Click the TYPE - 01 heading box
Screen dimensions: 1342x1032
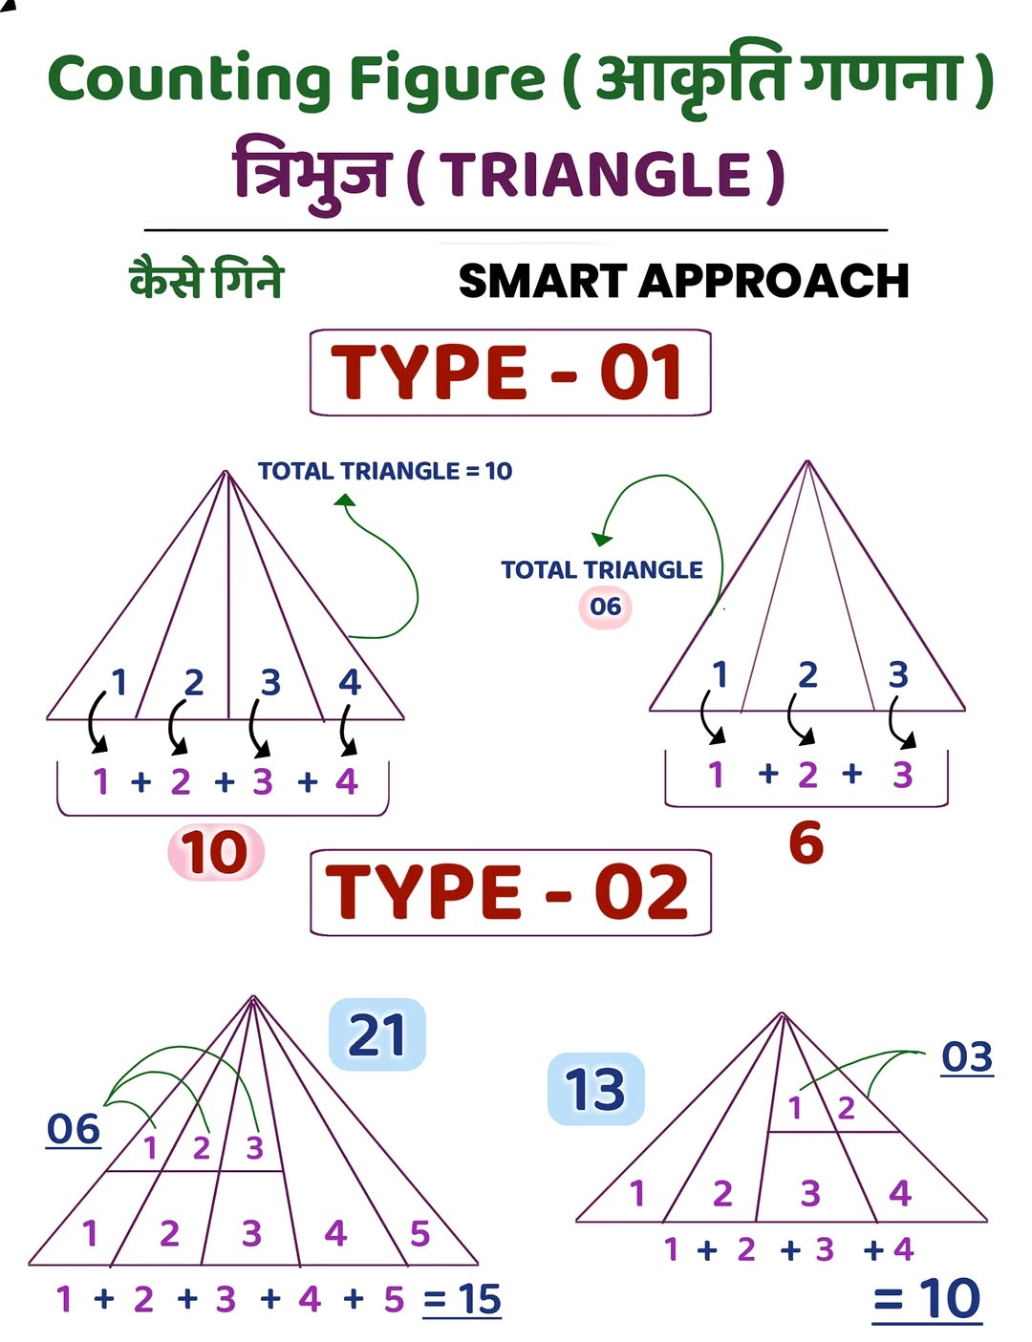pyautogui.click(x=510, y=373)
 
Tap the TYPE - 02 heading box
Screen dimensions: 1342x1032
pyautogui.click(x=510, y=892)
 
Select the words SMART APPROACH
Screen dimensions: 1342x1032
pyautogui.click(x=683, y=281)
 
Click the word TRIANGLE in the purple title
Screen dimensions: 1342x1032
pyautogui.click(x=598, y=176)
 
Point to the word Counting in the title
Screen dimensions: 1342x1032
pyautogui.click(x=189, y=80)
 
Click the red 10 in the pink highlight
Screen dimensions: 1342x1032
pyautogui.click(x=215, y=852)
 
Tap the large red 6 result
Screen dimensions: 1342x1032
pyautogui.click(x=806, y=843)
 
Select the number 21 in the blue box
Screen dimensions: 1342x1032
pyautogui.click(x=376, y=1034)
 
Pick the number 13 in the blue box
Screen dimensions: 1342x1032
pyautogui.click(x=594, y=1089)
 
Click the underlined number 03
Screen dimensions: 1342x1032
pyautogui.click(x=966, y=1057)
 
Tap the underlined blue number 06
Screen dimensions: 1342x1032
pyautogui.click(x=74, y=1129)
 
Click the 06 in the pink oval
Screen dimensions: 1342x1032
pyautogui.click(x=606, y=607)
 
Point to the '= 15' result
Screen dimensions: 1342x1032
pyautogui.click(x=462, y=1299)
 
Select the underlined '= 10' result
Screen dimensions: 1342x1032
pyautogui.click(x=927, y=1299)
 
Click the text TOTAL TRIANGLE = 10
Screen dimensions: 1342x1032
pyautogui.click(x=385, y=471)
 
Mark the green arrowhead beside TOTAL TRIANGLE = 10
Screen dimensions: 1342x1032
pyautogui.click(x=345, y=499)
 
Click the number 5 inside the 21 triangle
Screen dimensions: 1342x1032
pyautogui.click(x=419, y=1234)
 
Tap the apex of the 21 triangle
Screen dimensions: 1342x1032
pyautogui.click(x=253, y=998)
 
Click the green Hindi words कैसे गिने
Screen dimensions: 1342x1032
pyautogui.click(x=205, y=281)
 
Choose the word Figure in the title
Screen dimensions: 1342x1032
pyautogui.click(x=446, y=80)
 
